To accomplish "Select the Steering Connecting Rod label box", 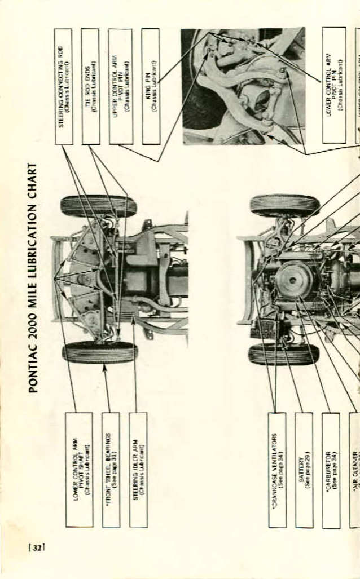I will coord(64,86).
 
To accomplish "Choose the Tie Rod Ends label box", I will coord(90,86).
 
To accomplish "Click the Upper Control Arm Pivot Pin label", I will coord(120,86).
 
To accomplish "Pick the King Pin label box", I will coord(150,86).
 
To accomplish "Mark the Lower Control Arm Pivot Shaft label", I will coord(78,470).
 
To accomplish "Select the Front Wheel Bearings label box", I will coord(111,470).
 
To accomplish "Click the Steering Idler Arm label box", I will coord(138,470).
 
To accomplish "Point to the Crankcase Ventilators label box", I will coord(277,470).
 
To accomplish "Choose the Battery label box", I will coord(304,470).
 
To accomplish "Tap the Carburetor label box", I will coord(331,470).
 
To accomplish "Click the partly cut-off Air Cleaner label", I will coord(354,470).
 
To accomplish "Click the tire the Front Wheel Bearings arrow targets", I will coord(100,353).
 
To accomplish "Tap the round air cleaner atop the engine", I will coord(294,280).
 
